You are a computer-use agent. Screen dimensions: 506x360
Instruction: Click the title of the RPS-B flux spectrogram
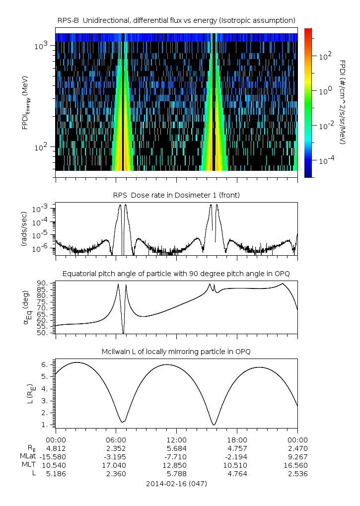tap(176, 20)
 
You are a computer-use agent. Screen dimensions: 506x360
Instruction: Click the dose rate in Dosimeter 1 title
tap(176, 195)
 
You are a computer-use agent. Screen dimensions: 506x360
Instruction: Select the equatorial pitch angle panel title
tap(176, 274)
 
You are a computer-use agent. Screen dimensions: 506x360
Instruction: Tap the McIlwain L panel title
tap(176, 352)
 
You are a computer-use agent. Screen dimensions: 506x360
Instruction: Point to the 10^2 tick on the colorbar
tap(325, 56)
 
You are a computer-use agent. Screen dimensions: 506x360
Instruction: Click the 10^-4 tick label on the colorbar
tap(325, 161)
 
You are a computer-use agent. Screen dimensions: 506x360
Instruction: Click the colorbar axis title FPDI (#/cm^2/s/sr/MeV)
tap(343, 102)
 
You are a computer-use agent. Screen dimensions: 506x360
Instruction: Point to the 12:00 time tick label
tap(176, 439)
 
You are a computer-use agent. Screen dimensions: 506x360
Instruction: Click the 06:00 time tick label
tap(116, 439)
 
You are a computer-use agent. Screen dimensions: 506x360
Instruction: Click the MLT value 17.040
tap(116, 465)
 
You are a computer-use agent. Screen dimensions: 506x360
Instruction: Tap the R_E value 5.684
tap(176, 448)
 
